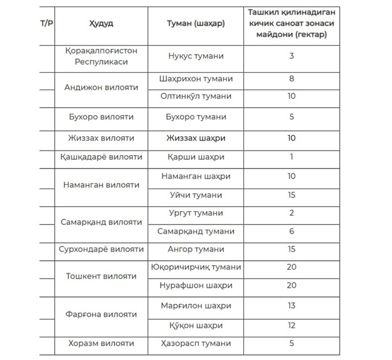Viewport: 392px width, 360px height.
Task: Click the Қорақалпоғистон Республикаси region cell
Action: point(101,56)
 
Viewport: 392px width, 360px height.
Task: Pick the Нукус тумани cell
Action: point(195,56)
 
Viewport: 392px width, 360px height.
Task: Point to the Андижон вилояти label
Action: point(101,88)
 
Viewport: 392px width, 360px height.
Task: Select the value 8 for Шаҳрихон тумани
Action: point(292,78)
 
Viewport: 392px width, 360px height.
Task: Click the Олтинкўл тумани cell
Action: point(195,96)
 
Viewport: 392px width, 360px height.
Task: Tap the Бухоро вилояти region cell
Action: point(101,117)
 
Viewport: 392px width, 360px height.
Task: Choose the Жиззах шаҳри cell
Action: point(195,138)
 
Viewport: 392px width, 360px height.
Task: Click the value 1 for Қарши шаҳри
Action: point(292,157)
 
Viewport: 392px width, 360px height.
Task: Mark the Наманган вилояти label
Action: point(101,185)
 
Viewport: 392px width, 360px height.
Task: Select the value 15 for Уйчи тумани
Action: point(292,195)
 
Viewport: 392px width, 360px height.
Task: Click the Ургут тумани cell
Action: point(195,213)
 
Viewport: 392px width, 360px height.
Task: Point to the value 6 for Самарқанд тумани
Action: point(292,231)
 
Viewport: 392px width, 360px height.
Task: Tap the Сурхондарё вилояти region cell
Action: point(101,249)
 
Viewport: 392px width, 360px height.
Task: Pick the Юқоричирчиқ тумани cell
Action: point(195,267)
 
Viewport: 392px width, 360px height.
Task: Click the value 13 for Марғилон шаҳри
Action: point(292,305)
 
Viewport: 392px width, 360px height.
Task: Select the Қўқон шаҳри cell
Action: point(195,325)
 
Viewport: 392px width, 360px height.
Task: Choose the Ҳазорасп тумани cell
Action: point(195,343)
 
